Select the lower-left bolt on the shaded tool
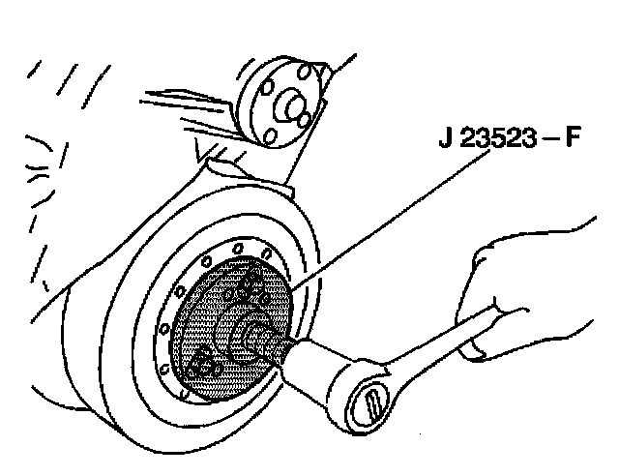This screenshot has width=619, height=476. point(206,365)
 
